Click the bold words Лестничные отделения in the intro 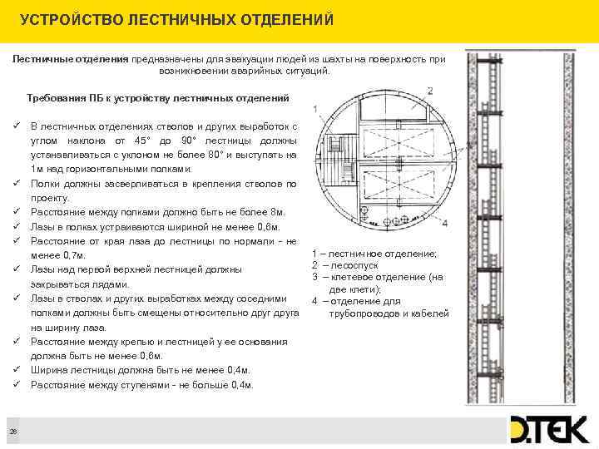tap(71, 60)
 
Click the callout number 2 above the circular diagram tap(429, 90)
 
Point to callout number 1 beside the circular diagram tap(314, 110)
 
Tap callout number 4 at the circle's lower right tap(444, 223)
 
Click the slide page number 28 tap(14, 429)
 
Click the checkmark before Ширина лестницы tap(17, 370)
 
